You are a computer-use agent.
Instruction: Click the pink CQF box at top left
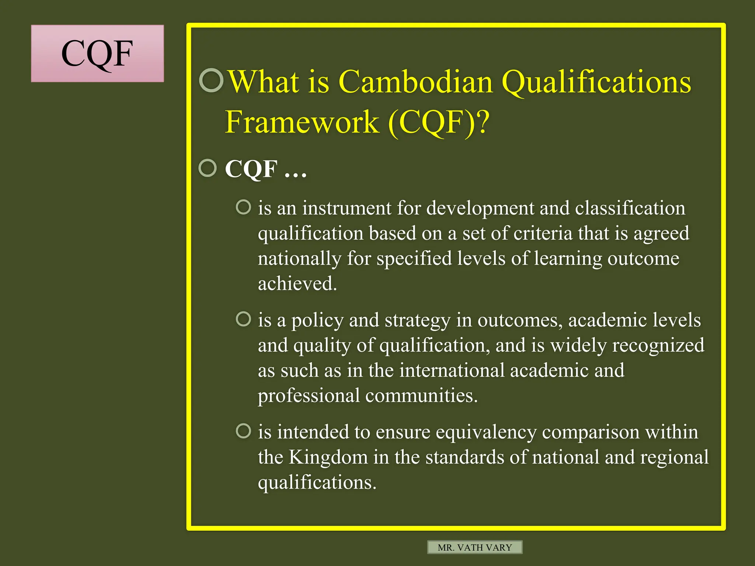click(x=97, y=53)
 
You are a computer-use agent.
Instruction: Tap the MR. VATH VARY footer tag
click(x=475, y=547)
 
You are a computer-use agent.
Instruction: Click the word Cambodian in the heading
click(x=415, y=82)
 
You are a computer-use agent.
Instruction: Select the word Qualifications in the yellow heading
click(x=596, y=83)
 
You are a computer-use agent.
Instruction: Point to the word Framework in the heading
click(x=302, y=122)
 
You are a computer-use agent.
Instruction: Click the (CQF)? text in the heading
click(x=439, y=122)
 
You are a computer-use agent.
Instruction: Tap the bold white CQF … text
click(x=265, y=169)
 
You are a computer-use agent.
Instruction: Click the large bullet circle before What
click(x=211, y=80)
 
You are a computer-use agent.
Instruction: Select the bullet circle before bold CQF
click(x=208, y=168)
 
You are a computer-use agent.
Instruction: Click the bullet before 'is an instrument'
click(x=243, y=207)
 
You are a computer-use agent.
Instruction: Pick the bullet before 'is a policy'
click(x=243, y=319)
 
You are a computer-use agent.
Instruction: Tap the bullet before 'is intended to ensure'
click(x=243, y=431)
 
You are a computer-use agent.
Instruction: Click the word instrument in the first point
click(x=347, y=208)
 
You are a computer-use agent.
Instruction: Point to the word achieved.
click(x=297, y=284)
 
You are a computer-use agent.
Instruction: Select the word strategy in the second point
click(x=417, y=321)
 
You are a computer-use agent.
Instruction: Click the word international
click(x=452, y=370)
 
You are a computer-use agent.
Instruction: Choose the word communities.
click(x=421, y=396)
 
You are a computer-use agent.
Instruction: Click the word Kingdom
click(x=328, y=457)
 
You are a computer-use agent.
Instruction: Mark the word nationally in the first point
click(x=299, y=259)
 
